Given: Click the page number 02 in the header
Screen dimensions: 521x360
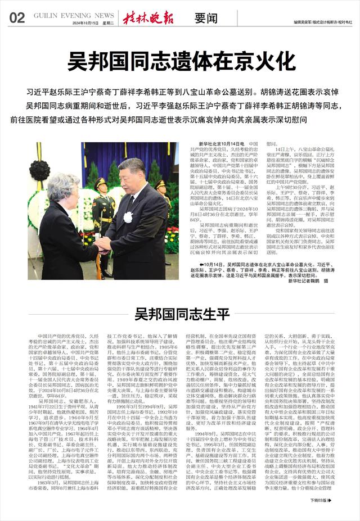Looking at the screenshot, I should [x=16, y=17].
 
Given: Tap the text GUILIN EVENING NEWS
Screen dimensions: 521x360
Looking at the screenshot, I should [x=74, y=15].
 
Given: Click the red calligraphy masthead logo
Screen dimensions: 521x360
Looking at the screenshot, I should [x=148, y=16].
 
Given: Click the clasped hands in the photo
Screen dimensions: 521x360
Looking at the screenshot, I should [x=103, y=243].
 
